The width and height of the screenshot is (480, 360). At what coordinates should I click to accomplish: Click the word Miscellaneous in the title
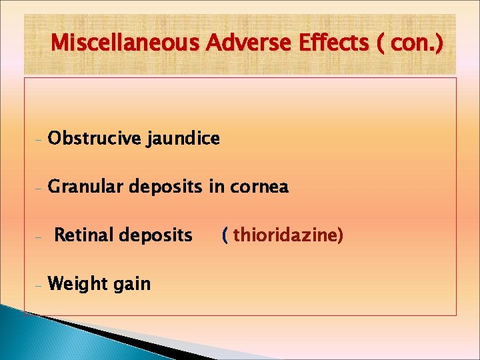click(125, 43)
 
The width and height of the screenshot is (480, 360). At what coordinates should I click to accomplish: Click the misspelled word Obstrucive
click(95, 139)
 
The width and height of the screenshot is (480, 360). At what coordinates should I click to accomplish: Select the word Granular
click(87, 188)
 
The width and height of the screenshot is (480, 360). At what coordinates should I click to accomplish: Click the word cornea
click(260, 188)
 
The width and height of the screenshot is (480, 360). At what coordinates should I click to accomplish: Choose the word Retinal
click(83, 235)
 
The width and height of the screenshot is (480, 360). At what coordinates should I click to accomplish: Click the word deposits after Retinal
click(155, 235)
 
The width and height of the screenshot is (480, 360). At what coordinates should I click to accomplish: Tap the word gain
click(132, 284)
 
